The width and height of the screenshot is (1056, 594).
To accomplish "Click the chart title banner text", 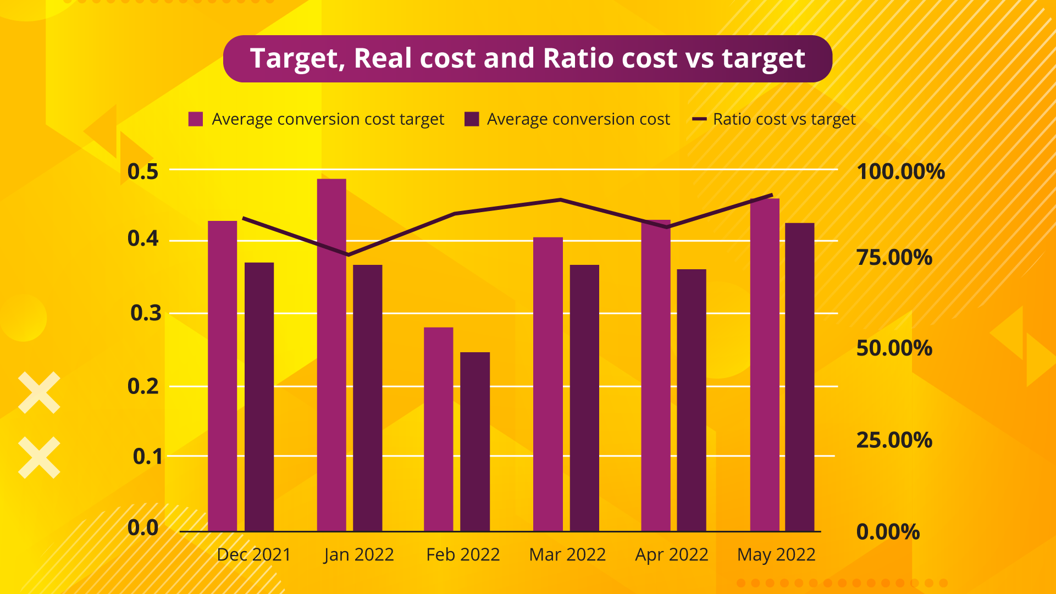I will click(527, 58).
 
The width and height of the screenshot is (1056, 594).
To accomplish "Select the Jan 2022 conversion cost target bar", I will click(331, 354).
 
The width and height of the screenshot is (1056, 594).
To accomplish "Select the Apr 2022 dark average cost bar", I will click(691, 399).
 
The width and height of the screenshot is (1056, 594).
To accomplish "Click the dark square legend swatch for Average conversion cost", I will click(472, 119).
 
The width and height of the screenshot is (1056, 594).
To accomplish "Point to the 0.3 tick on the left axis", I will click(146, 313).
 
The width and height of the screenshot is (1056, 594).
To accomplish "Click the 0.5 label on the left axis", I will click(142, 171).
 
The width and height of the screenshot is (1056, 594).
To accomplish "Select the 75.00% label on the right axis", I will click(894, 257).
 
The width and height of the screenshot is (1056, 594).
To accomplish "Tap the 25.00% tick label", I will click(894, 440).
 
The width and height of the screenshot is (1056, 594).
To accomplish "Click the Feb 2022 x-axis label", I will click(463, 554).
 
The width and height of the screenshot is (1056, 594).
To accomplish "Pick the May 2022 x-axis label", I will click(776, 554).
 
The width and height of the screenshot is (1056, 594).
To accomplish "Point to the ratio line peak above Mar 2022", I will click(560, 199).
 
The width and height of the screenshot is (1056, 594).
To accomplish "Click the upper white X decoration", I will click(39, 392).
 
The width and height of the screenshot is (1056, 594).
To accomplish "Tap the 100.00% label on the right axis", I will click(900, 171).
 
